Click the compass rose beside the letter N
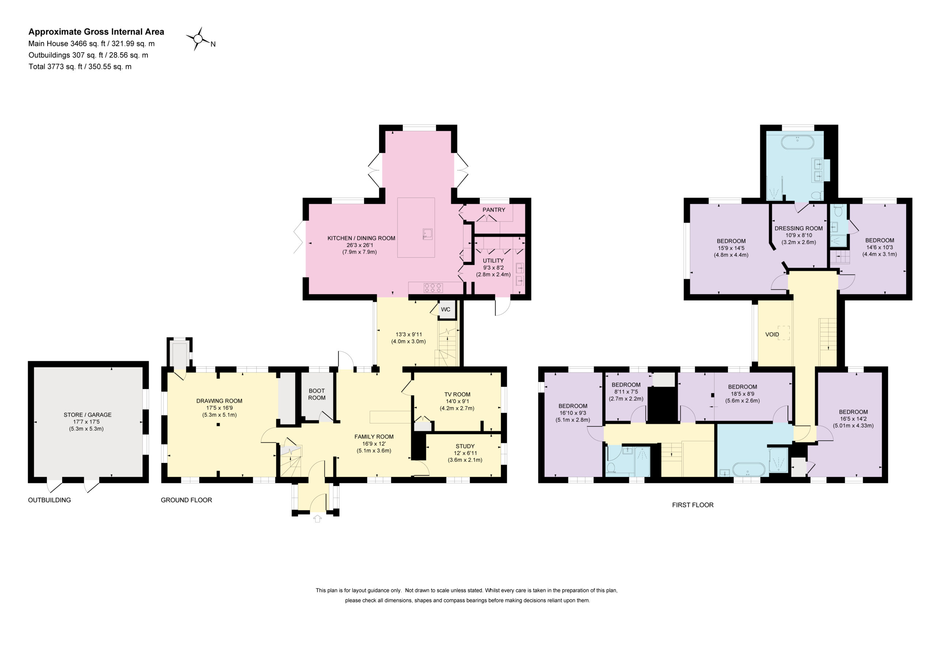pos(198,39)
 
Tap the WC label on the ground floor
pos(446,309)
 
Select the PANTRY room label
pos(494,210)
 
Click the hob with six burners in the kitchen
pos(433,288)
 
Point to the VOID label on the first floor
pos(772,334)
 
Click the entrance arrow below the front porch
pos(318,519)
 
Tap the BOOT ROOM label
pos(317,394)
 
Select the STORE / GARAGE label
pos(87,415)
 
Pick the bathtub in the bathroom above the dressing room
pos(797,142)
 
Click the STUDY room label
pos(465,446)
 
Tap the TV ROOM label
pos(457,394)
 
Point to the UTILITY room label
pos(493,261)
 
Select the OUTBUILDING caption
pos(49,500)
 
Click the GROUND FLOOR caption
pos(186,500)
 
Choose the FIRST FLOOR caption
pos(692,505)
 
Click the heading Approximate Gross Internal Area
pos(96,32)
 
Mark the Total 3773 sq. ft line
pos(80,67)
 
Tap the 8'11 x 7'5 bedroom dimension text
pos(626,392)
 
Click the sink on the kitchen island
pos(428,234)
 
